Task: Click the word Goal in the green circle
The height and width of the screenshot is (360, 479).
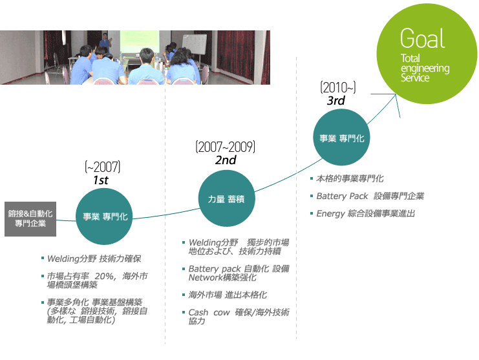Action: [x=423, y=38]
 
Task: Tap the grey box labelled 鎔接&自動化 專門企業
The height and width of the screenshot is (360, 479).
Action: [x=30, y=219]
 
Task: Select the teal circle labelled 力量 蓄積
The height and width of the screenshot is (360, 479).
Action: [x=226, y=198]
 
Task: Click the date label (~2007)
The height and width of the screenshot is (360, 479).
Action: [x=103, y=167]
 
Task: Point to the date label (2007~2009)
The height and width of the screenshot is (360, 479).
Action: [x=226, y=147]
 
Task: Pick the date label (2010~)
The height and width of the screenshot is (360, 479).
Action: [x=338, y=88]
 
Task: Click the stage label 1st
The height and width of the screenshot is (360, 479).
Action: [x=101, y=180]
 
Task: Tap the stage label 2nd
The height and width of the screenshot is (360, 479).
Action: [x=226, y=160]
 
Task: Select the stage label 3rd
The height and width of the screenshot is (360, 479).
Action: [x=335, y=100]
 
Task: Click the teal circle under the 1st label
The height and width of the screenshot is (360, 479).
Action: [x=104, y=217]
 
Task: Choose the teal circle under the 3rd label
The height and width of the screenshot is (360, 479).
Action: [x=342, y=138]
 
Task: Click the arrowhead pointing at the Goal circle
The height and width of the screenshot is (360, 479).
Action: [x=396, y=95]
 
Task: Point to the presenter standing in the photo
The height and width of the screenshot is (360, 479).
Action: [x=105, y=43]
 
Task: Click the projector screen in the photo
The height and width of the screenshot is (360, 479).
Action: [x=140, y=42]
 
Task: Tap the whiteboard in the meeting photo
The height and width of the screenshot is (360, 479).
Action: [x=195, y=45]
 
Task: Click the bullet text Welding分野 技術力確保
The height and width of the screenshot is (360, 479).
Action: [x=94, y=259]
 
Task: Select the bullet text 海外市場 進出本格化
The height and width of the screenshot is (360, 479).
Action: [x=228, y=295]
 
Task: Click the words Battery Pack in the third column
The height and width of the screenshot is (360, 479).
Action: [x=342, y=196]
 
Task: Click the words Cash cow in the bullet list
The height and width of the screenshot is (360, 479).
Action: [x=209, y=312]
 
